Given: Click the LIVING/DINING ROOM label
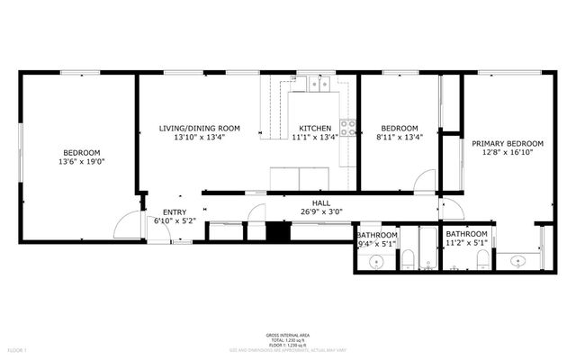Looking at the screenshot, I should (x=199, y=129).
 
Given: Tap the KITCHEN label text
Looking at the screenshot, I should (x=314, y=129).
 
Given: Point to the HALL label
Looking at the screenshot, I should (x=321, y=203).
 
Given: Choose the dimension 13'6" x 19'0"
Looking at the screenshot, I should (x=81, y=163).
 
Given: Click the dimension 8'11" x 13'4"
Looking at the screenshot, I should (x=399, y=139).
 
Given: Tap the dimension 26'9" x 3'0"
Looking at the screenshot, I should (x=321, y=213).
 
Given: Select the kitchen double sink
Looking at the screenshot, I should (x=316, y=85).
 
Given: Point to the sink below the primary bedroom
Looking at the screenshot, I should (x=518, y=261).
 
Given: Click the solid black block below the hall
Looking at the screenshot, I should (x=279, y=230).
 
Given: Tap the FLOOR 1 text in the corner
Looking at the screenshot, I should (x=17, y=348).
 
